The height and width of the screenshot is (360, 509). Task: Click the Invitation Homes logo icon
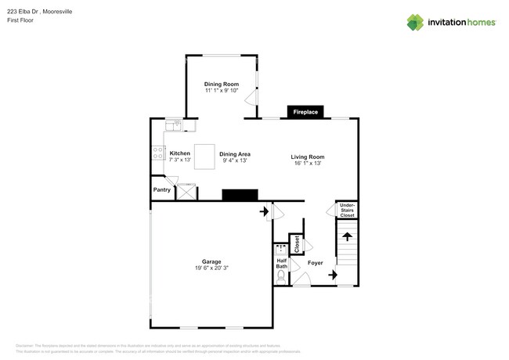416,22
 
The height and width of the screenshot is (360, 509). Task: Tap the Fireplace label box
305,113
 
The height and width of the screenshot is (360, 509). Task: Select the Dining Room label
220,84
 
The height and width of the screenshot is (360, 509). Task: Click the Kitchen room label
180,153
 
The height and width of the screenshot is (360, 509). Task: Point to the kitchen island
204,157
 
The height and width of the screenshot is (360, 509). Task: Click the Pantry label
162,189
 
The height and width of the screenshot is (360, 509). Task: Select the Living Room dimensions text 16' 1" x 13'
307,163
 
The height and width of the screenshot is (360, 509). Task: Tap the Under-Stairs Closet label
347,211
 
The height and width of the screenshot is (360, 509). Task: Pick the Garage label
211,261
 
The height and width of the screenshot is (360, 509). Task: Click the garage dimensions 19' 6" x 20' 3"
211,268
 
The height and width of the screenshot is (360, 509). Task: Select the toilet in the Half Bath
282,276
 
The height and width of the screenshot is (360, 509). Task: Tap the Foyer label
315,263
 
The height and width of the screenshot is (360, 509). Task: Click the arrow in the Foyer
334,275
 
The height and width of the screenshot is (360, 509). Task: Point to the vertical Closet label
297,243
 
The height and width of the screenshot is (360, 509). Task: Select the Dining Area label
234,154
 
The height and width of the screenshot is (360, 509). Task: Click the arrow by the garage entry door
264,211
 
